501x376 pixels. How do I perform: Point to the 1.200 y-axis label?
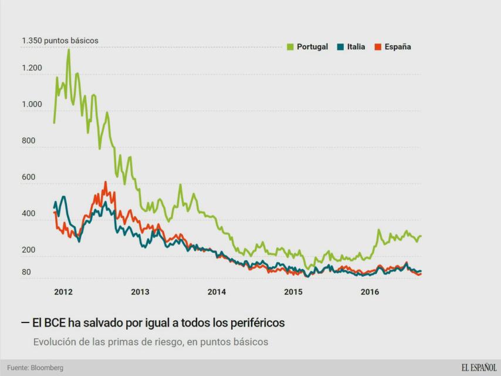coord(32,68)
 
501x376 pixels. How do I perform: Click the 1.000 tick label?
coord(32,105)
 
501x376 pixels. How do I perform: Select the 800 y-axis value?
coord(29,141)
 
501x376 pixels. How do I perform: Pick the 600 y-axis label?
coord(29,177)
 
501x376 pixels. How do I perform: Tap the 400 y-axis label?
coord(29,214)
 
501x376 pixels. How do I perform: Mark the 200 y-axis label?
coord(29,250)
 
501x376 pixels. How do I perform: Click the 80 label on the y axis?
coord(26,272)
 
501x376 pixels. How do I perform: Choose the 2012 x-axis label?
coord(63,292)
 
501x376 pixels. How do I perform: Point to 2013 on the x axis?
coord(140,292)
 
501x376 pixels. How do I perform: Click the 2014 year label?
coord(216,292)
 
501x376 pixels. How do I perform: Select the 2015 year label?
coord(293,292)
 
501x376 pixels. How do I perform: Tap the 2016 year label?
coord(370,292)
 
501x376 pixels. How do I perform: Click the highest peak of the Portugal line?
coord(69,50)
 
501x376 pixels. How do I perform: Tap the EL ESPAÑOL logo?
coord(479,368)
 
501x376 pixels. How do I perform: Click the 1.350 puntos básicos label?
coord(60,41)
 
